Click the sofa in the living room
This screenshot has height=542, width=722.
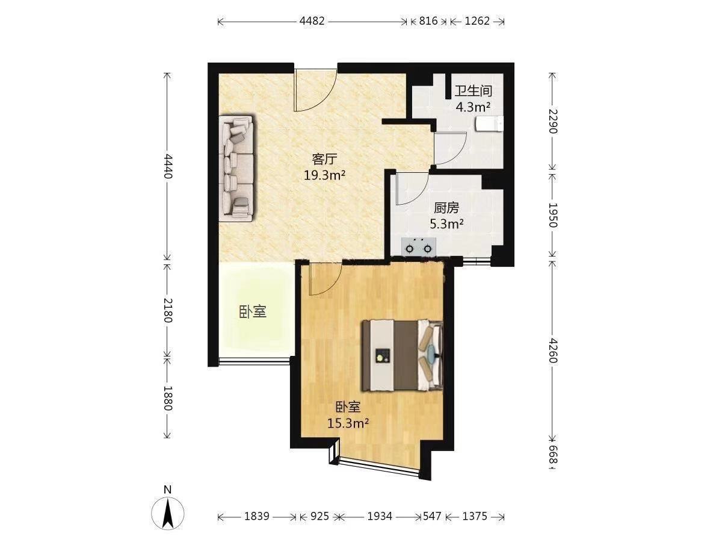pos(236,168)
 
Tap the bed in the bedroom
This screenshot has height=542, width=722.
pos(402,356)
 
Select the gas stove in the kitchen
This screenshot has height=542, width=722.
pos(418,247)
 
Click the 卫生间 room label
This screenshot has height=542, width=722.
pos(473,91)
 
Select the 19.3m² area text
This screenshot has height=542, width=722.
pos(324,175)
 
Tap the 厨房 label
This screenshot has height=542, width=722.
pos(446,208)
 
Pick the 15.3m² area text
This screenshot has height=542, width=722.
pos(348,423)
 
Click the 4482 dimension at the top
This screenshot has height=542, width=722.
pos(312,22)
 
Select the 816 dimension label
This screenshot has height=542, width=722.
pos(428,22)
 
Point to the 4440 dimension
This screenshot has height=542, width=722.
pos(168,166)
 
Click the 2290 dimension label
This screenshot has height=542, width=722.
pos(553,121)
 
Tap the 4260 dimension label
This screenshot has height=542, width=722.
pos(553,350)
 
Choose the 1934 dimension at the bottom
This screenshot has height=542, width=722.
pos(380,516)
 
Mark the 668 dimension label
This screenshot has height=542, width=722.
pos(553,455)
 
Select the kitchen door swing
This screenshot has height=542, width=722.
pos(412,188)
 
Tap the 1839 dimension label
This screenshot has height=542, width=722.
pos(256,516)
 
